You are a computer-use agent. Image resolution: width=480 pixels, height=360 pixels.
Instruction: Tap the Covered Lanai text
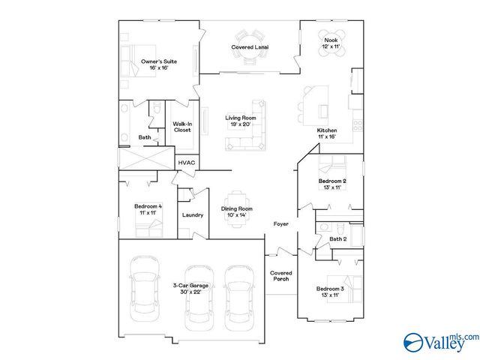(250, 47)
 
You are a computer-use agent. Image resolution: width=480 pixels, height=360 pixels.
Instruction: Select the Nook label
(331, 43)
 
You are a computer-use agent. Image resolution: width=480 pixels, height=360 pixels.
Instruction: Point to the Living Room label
(241, 121)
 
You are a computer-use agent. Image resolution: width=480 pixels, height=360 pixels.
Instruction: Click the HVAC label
(186, 163)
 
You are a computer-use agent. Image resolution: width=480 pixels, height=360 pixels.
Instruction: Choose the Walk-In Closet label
(182, 127)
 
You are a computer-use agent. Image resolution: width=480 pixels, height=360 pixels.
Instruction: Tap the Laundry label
(193, 215)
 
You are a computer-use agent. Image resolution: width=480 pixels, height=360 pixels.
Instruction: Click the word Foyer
(280, 223)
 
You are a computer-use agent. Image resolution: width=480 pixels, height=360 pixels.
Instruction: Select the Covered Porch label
(280, 276)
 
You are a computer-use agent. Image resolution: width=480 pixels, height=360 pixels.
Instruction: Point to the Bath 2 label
(337, 239)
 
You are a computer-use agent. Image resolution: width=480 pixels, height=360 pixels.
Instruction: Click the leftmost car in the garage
(142, 284)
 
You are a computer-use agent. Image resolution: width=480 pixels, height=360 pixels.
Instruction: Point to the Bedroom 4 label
(148, 209)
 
